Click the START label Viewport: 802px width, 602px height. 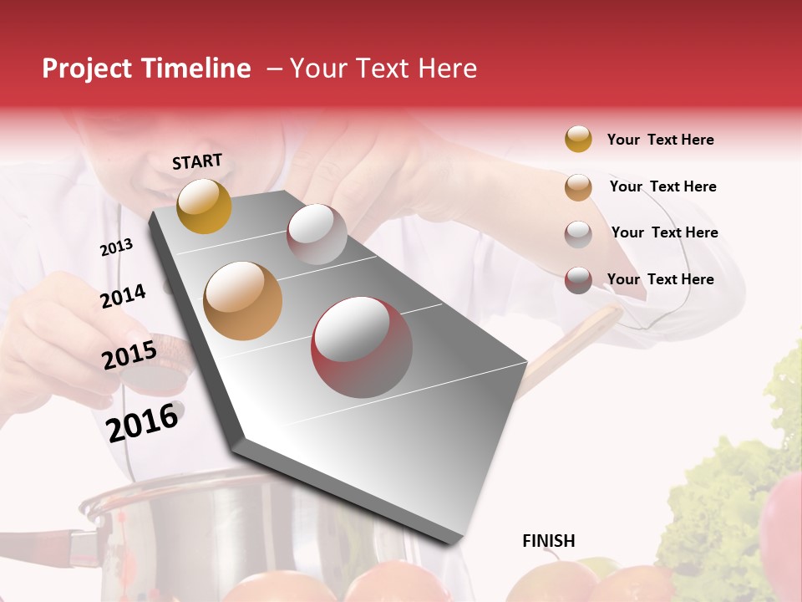(197, 161)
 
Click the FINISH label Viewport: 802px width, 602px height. (548, 541)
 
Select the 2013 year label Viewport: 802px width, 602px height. (116, 247)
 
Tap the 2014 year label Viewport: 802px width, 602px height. (123, 296)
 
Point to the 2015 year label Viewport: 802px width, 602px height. (129, 355)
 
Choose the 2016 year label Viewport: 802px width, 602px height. (143, 421)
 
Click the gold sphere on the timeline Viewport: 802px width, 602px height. (205, 206)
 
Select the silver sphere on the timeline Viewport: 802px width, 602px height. (317, 233)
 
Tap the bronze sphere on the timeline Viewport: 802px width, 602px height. (243, 301)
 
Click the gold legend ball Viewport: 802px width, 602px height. (578, 139)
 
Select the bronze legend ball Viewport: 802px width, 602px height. (578, 187)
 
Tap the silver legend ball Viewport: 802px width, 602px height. (578, 234)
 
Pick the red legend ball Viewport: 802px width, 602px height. (578, 280)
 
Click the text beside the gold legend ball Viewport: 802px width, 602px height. (660, 140)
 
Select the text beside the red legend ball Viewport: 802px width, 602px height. (660, 279)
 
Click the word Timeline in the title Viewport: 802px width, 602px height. (197, 69)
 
